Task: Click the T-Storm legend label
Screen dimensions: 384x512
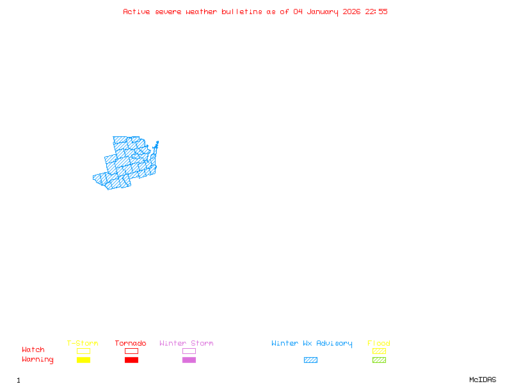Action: tap(83, 344)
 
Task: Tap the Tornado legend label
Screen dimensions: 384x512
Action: tap(131, 344)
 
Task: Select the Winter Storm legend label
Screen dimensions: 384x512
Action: tap(186, 344)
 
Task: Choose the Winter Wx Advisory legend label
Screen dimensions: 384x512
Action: tap(312, 344)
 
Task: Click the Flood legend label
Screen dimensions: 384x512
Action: tap(379, 344)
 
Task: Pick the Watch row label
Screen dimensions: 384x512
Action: tap(33, 350)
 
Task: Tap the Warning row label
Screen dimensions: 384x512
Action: tap(38, 360)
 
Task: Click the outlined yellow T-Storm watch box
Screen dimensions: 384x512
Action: tap(83, 351)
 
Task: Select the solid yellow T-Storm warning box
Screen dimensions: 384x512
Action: tap(83, 360)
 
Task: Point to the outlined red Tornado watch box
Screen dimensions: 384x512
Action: tap(131, 351)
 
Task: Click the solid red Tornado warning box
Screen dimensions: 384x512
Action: tap(131, 360)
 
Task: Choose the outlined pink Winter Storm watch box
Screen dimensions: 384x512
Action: tap(189, 351)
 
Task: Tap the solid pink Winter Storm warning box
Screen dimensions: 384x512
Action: tap(189, 360)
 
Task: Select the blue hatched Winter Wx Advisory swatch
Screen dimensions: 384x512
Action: tap(310, 360)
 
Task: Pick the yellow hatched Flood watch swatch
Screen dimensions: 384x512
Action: tap(379, 351)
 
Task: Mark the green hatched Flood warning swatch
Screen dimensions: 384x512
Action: tap(379, 360)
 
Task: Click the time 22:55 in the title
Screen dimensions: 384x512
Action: tap(376, 12)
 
